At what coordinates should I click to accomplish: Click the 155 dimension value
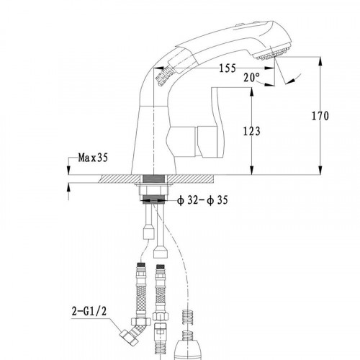tap(228, 68)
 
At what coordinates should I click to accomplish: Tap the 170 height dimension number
tap(320, 116)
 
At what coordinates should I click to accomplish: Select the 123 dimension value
tap(252, 131)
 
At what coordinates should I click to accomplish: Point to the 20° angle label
tap(252, 77)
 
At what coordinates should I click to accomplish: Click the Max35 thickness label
tap(93, 158)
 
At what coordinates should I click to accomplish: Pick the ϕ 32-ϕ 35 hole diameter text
tap(202, 200)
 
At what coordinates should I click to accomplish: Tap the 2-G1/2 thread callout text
tap(89, 311)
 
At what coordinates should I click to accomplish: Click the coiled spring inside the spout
tap(165, 75)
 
